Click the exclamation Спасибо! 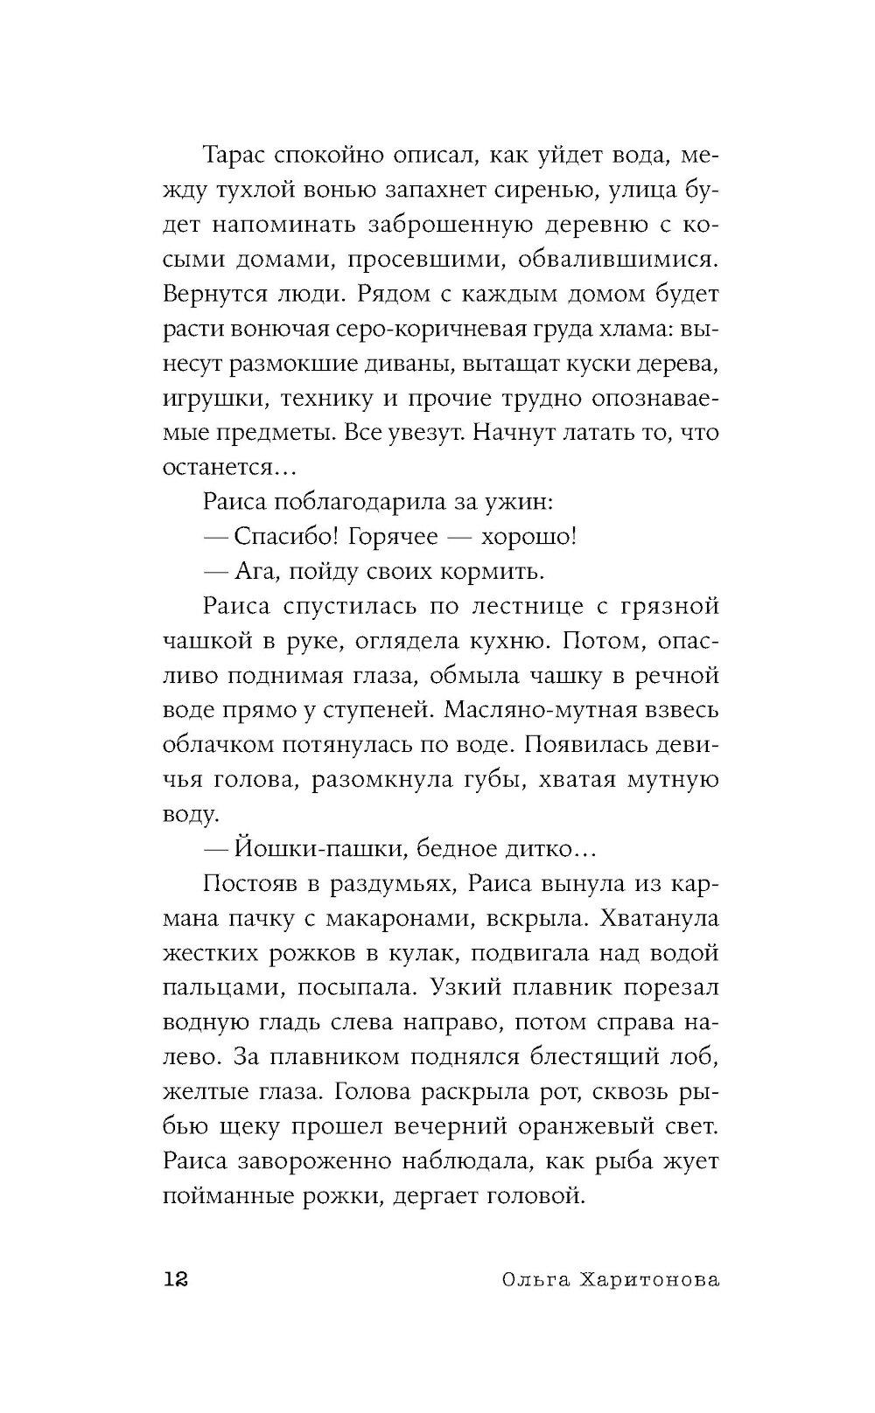click(286, 536)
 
